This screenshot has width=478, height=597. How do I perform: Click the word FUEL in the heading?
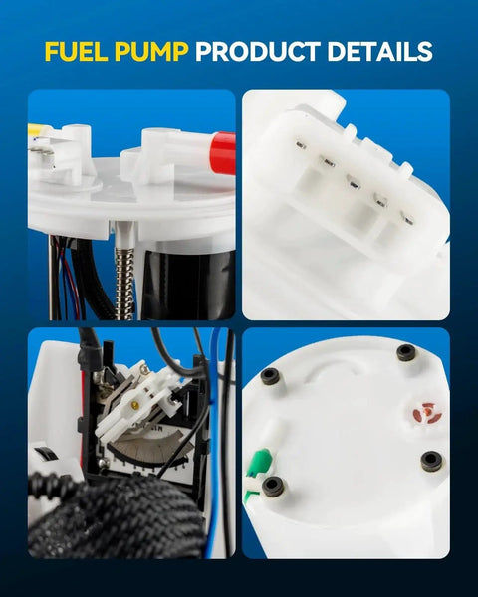pyautogui.click(x=76, y=52)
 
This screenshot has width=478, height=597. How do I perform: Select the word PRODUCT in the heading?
pyautogui.click(x=258, y=52)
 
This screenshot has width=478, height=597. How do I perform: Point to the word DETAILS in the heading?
pyautogui.click(x=379, y=52)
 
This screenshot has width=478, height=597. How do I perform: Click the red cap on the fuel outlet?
pyautogui.click(x=223, y=152)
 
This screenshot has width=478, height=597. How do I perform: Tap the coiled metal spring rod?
pyautogui.click(x=124, y=284)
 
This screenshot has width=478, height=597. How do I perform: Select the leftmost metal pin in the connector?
pyautogui.click(x=301, y=145)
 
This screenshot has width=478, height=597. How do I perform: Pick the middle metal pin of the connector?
pyautogui.click(x=355, y=185)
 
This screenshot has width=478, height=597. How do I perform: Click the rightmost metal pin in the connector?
pyautogui.click(x=408, y=220)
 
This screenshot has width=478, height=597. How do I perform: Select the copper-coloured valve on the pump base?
pyautogui.click(x=426, y=412)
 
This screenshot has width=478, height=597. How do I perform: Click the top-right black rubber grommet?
pyautogui.click(x=406, y=353)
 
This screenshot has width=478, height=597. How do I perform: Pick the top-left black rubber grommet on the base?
pyautogui.click(x=270, y=377)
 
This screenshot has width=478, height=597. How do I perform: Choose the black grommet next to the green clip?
pyautogui.click(x=273, y=486)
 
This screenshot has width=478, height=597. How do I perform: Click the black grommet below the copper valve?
pyautogui.click(x=432, y=461)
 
